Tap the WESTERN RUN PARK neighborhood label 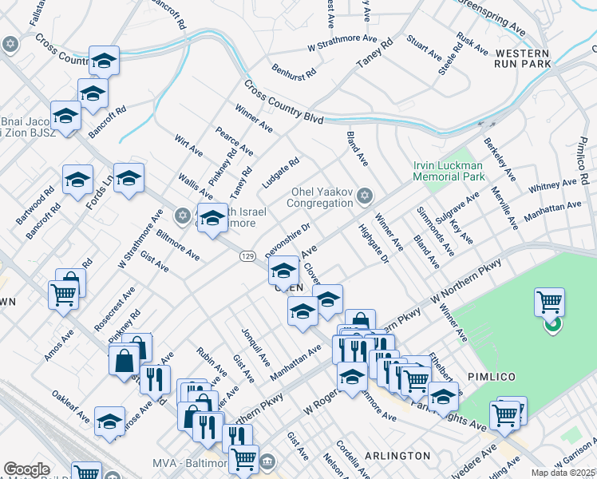coord(523,57)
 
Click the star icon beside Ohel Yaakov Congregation coord(365,196)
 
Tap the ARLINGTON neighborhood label coord(397,456)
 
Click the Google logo coord(26,469)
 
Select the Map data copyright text coord(563,473)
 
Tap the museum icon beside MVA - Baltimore coord(267,462)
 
